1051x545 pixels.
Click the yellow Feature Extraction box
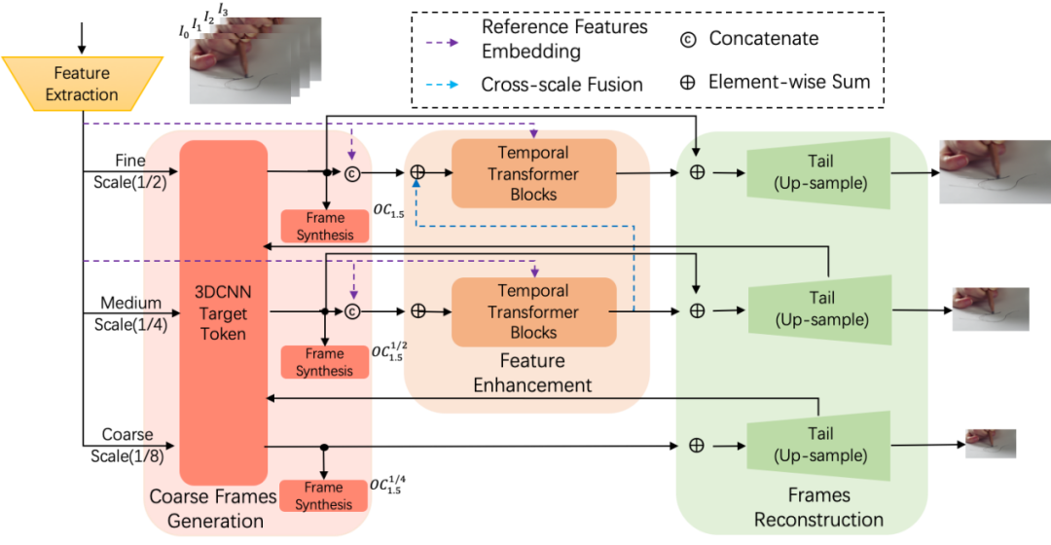click(82, 84)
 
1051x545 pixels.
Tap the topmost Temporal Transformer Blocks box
click(533, 173)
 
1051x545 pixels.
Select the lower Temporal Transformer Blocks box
click(533, 311)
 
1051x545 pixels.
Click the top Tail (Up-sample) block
click(819, 172)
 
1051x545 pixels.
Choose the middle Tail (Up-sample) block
click(819, 309)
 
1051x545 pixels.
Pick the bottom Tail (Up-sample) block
click(819, 445)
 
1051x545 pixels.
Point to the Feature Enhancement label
click(532, 373)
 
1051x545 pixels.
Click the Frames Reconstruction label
click(818, 508)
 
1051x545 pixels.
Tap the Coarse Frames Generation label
click(213, 509)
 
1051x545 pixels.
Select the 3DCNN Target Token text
click(221, 312)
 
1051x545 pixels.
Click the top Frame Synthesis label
click(324, 227)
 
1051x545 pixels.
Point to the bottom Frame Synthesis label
click(324, 496)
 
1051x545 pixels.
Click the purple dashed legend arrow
click(442, 43)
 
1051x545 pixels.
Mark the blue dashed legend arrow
click(442, 84)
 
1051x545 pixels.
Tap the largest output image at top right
click(994, 172)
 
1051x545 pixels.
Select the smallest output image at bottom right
click(991, 444)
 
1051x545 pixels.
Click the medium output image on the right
click(990, 309)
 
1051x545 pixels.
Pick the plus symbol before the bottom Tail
click(697, 445)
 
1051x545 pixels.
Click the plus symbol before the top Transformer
click(417, 172)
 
